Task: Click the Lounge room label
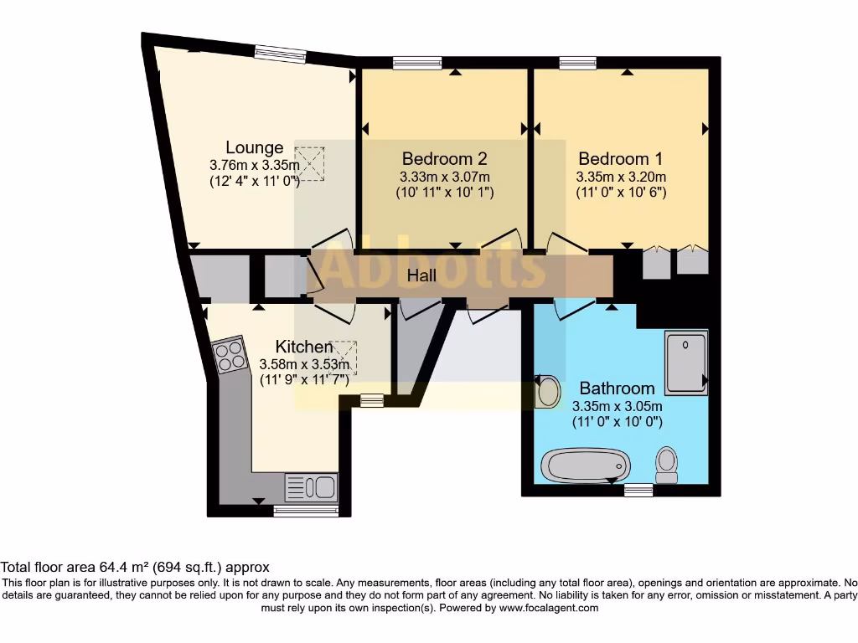pyautogui.click(x=254, y=148)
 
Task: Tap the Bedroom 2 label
pyautogui.click(x=444, y=158)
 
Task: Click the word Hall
pyautogui.click(x=422, y=275)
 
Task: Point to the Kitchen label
pyautogui.click(x=304, y=347)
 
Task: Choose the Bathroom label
pyautogui.click(x=617, y=388)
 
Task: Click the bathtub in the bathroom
pyautogui.click(x=585, y=464)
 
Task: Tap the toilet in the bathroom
pyautogui.click(x=667, y=463)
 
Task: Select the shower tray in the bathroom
pyautogui.click(x=685, y=363)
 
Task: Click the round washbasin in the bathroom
pyautogui.click(x=548, y=391)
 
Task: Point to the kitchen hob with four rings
pyautogui.click(x=230, y=358)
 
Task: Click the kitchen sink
pyautogui.click(x=311, y=486)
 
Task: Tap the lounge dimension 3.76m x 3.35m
pyautogui.click(x=254, y=165)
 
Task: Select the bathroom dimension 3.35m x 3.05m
pyautogui.click(x=617, y=406)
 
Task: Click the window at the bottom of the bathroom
pyautogui.click(x=638, y=490)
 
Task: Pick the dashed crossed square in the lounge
pyautogui.click(x=311, y=163)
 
